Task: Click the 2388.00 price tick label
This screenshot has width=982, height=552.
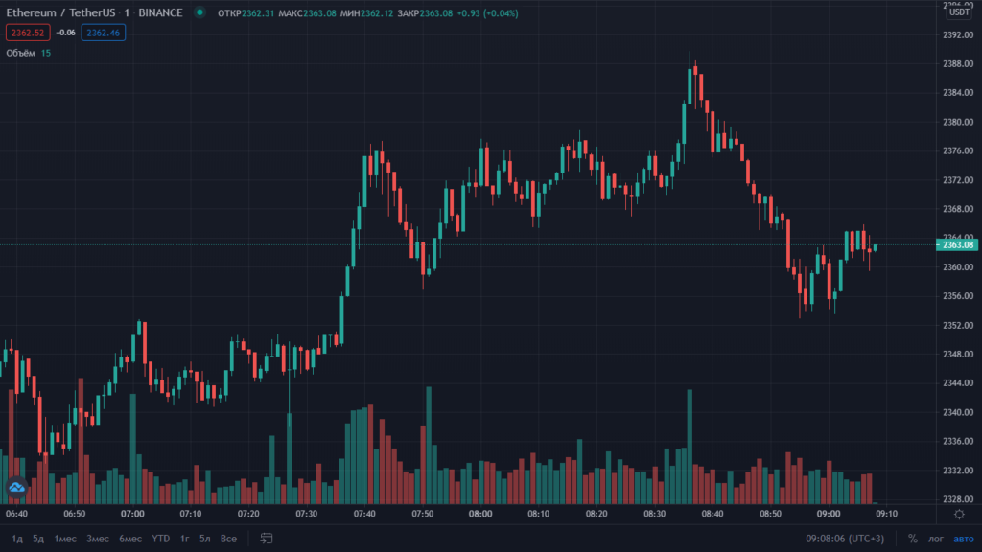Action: click(x=957, y=64)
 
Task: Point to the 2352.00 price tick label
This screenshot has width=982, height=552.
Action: click(x=957, y=326)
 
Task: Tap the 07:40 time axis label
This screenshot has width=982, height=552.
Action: click(x=364, y=515)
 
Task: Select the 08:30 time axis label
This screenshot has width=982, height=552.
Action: click(x=654, y=515)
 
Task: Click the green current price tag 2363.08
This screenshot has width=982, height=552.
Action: click(x=958, y=244)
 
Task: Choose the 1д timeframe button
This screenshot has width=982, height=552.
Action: click(x=17, y=539)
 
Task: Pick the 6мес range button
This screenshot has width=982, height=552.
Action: click(x=130, y=539)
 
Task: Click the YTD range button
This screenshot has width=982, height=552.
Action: click(x=161, y=539)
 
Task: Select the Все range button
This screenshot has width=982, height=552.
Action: click(x=228, y=539)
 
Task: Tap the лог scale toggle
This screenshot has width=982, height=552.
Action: click(x=935, y=539)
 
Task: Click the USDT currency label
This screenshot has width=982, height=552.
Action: click(x=959, y=11)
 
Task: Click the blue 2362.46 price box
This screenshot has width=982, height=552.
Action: click(x=103, y=33)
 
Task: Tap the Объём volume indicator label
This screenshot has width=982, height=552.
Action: click(x=20, y=53)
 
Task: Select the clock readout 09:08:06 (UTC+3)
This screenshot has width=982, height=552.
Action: click(x=845, y=539)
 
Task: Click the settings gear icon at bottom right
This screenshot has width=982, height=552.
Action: click(x=959, y=515)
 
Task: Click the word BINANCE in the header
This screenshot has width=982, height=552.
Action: click(x=160, y=12)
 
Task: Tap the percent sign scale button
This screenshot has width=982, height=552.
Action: click(x=912, y=539)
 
